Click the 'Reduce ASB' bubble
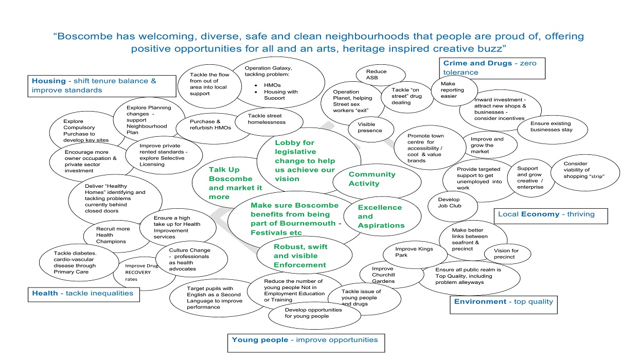point(376,75)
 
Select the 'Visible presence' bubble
point(369,128)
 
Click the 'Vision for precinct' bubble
point(507,254)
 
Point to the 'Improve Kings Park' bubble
point(414,252)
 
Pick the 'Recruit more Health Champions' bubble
point(112,235)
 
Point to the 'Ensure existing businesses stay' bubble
point(551,127)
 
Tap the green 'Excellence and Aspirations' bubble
point(381,217)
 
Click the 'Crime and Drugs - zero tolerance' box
point(491,68)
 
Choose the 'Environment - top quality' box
point(504,302)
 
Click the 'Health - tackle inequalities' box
point(83,294)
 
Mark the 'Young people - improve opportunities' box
point(306,340)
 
